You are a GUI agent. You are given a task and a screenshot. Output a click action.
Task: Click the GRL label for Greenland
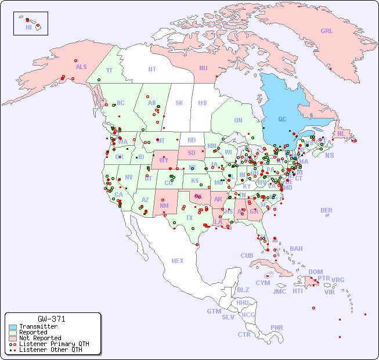click(327, 31)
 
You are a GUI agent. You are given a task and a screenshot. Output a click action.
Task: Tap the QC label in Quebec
click(282, 119)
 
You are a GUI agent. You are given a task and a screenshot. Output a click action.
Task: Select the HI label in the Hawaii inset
click(28, 27)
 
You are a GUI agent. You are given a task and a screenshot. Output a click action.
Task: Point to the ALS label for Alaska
click(81, 67)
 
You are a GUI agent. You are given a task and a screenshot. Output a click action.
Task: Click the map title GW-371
click(52, 319)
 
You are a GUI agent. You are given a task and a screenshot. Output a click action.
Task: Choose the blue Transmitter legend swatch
click(13, 327)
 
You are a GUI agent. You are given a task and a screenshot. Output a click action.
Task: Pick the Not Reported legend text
click(39, 338)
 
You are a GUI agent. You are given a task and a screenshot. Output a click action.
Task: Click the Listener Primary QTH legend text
click(53, 344)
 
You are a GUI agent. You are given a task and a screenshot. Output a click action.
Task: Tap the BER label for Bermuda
click(327, 210)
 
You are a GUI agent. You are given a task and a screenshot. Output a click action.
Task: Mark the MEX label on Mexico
click(178, 261)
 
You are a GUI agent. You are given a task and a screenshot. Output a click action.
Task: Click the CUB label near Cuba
click(247, 255)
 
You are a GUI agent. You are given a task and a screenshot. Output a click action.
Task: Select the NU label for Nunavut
click(203, 68)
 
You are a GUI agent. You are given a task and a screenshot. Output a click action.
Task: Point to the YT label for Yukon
click(109, 70)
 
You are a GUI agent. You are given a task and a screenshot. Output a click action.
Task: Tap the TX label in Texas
click(189, 218)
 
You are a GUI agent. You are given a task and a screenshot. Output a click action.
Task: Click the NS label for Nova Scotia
click(329, 155)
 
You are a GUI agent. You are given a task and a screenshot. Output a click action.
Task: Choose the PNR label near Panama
click(277, 327)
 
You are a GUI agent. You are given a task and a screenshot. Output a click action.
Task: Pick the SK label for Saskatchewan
click(179, 103)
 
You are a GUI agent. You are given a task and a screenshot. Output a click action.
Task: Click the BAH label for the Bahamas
click(296, 249)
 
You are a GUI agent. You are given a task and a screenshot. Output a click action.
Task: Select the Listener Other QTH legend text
click(50, 350)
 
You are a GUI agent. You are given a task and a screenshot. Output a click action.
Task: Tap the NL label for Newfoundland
click(341, 134)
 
